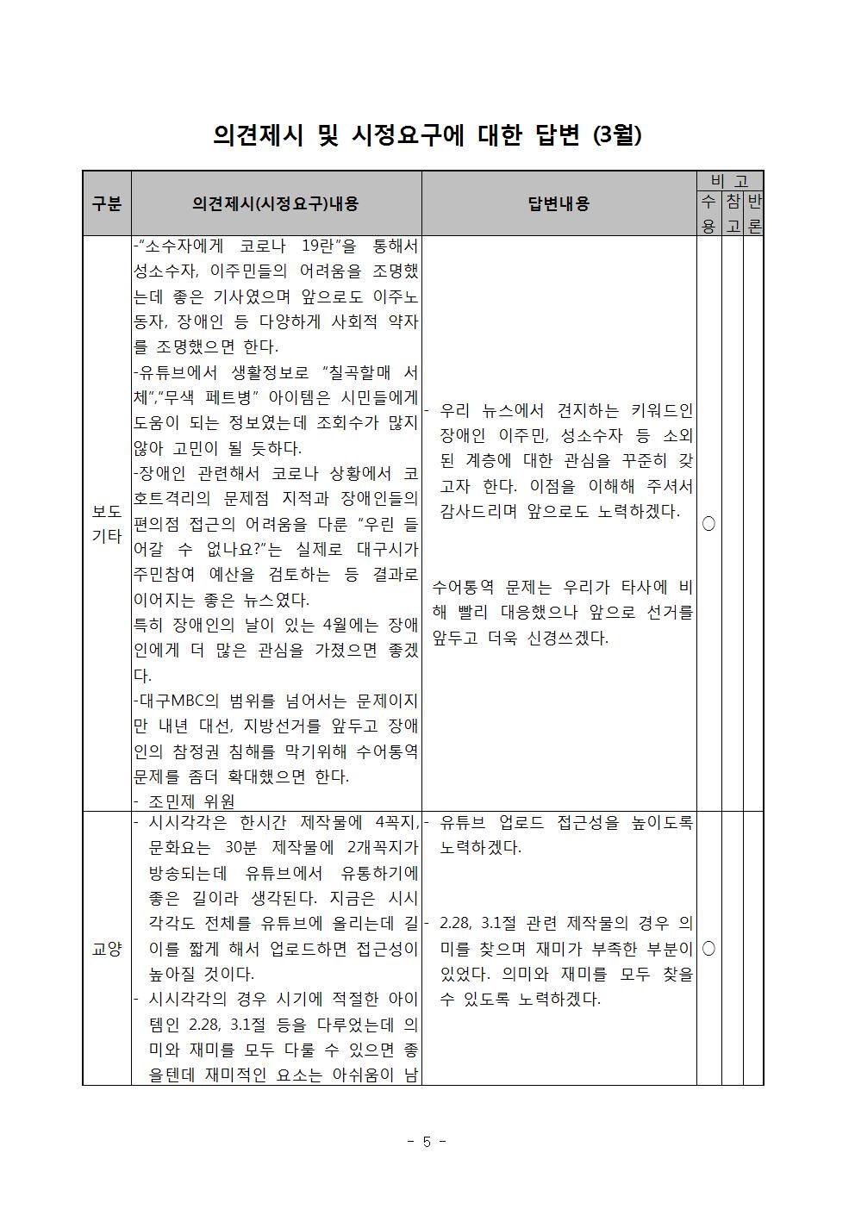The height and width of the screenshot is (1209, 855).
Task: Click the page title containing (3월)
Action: [427, 135]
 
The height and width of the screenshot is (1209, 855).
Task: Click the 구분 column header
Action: [107, 203]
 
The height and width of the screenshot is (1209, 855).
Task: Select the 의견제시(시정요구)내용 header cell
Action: [276, 203]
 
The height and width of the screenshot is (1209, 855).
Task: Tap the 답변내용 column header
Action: [559, 203]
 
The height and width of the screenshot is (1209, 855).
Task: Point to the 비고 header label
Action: [729, 181]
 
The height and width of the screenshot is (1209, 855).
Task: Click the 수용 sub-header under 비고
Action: [708, 214]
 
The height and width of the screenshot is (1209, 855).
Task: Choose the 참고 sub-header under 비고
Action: [732, 214]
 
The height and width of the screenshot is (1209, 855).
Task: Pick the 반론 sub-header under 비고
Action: [753, 214]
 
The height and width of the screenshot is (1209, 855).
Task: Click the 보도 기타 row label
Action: [107, 523]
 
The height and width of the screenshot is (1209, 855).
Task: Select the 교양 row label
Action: [107, 948]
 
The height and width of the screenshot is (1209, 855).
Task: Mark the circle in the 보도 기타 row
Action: [708, 523]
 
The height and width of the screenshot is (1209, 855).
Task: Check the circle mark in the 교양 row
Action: [708, 948]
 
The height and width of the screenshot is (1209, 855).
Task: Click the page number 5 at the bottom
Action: [427, 1142]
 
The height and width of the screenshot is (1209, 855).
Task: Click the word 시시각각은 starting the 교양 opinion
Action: [189, 822]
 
